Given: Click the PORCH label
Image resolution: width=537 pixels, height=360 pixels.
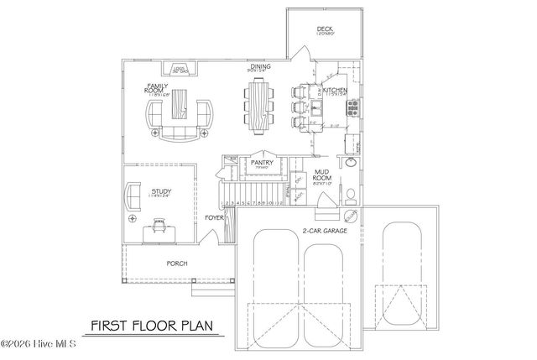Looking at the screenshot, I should pos(176,263).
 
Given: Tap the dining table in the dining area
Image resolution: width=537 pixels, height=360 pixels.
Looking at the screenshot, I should pos(260,106).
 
